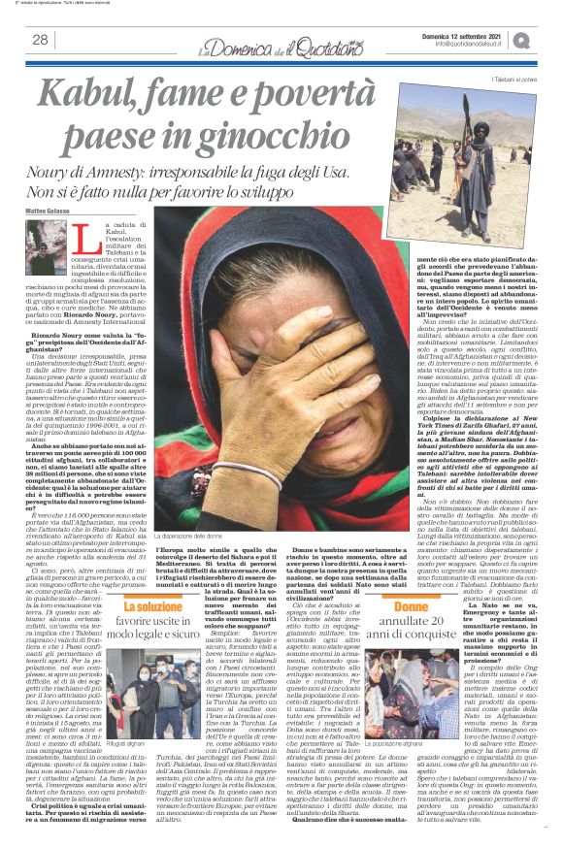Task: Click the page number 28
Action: coord(41,40)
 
